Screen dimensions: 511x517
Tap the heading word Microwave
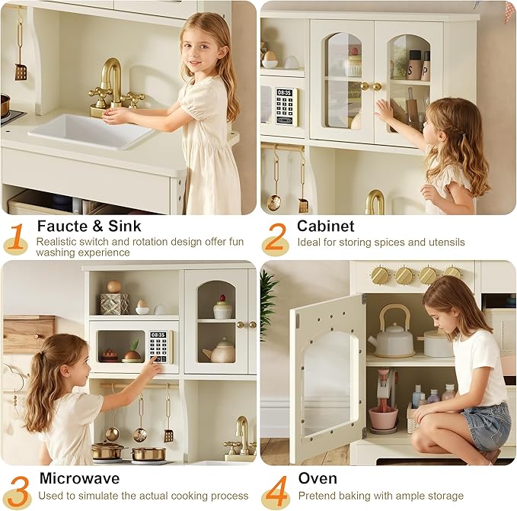click(x=79, y=478)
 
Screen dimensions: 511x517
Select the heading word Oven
click(x=318, y=478)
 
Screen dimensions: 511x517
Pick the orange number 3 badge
click(x=16, y=491)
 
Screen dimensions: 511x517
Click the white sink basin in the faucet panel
click(x=91, y=131)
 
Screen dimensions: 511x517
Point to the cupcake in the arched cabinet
click(x=222, y=307)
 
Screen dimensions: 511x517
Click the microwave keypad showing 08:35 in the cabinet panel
click(x=286, y=107)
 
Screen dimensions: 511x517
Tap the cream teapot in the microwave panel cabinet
click(x=222, y=352)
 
